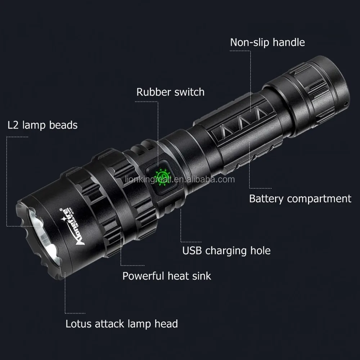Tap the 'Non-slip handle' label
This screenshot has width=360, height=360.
point(267,42)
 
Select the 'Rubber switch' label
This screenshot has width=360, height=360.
point(170,92)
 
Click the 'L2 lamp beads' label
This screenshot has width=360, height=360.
point(42,125)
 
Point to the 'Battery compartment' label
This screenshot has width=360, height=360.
point(300,198)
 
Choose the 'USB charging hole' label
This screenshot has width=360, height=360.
point(226,250)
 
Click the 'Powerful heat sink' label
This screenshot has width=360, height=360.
point(167,276)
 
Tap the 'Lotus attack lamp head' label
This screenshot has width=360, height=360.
point(122,324)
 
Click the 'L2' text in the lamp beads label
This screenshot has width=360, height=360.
point(13,125)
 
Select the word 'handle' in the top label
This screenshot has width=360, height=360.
point(288,42)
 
